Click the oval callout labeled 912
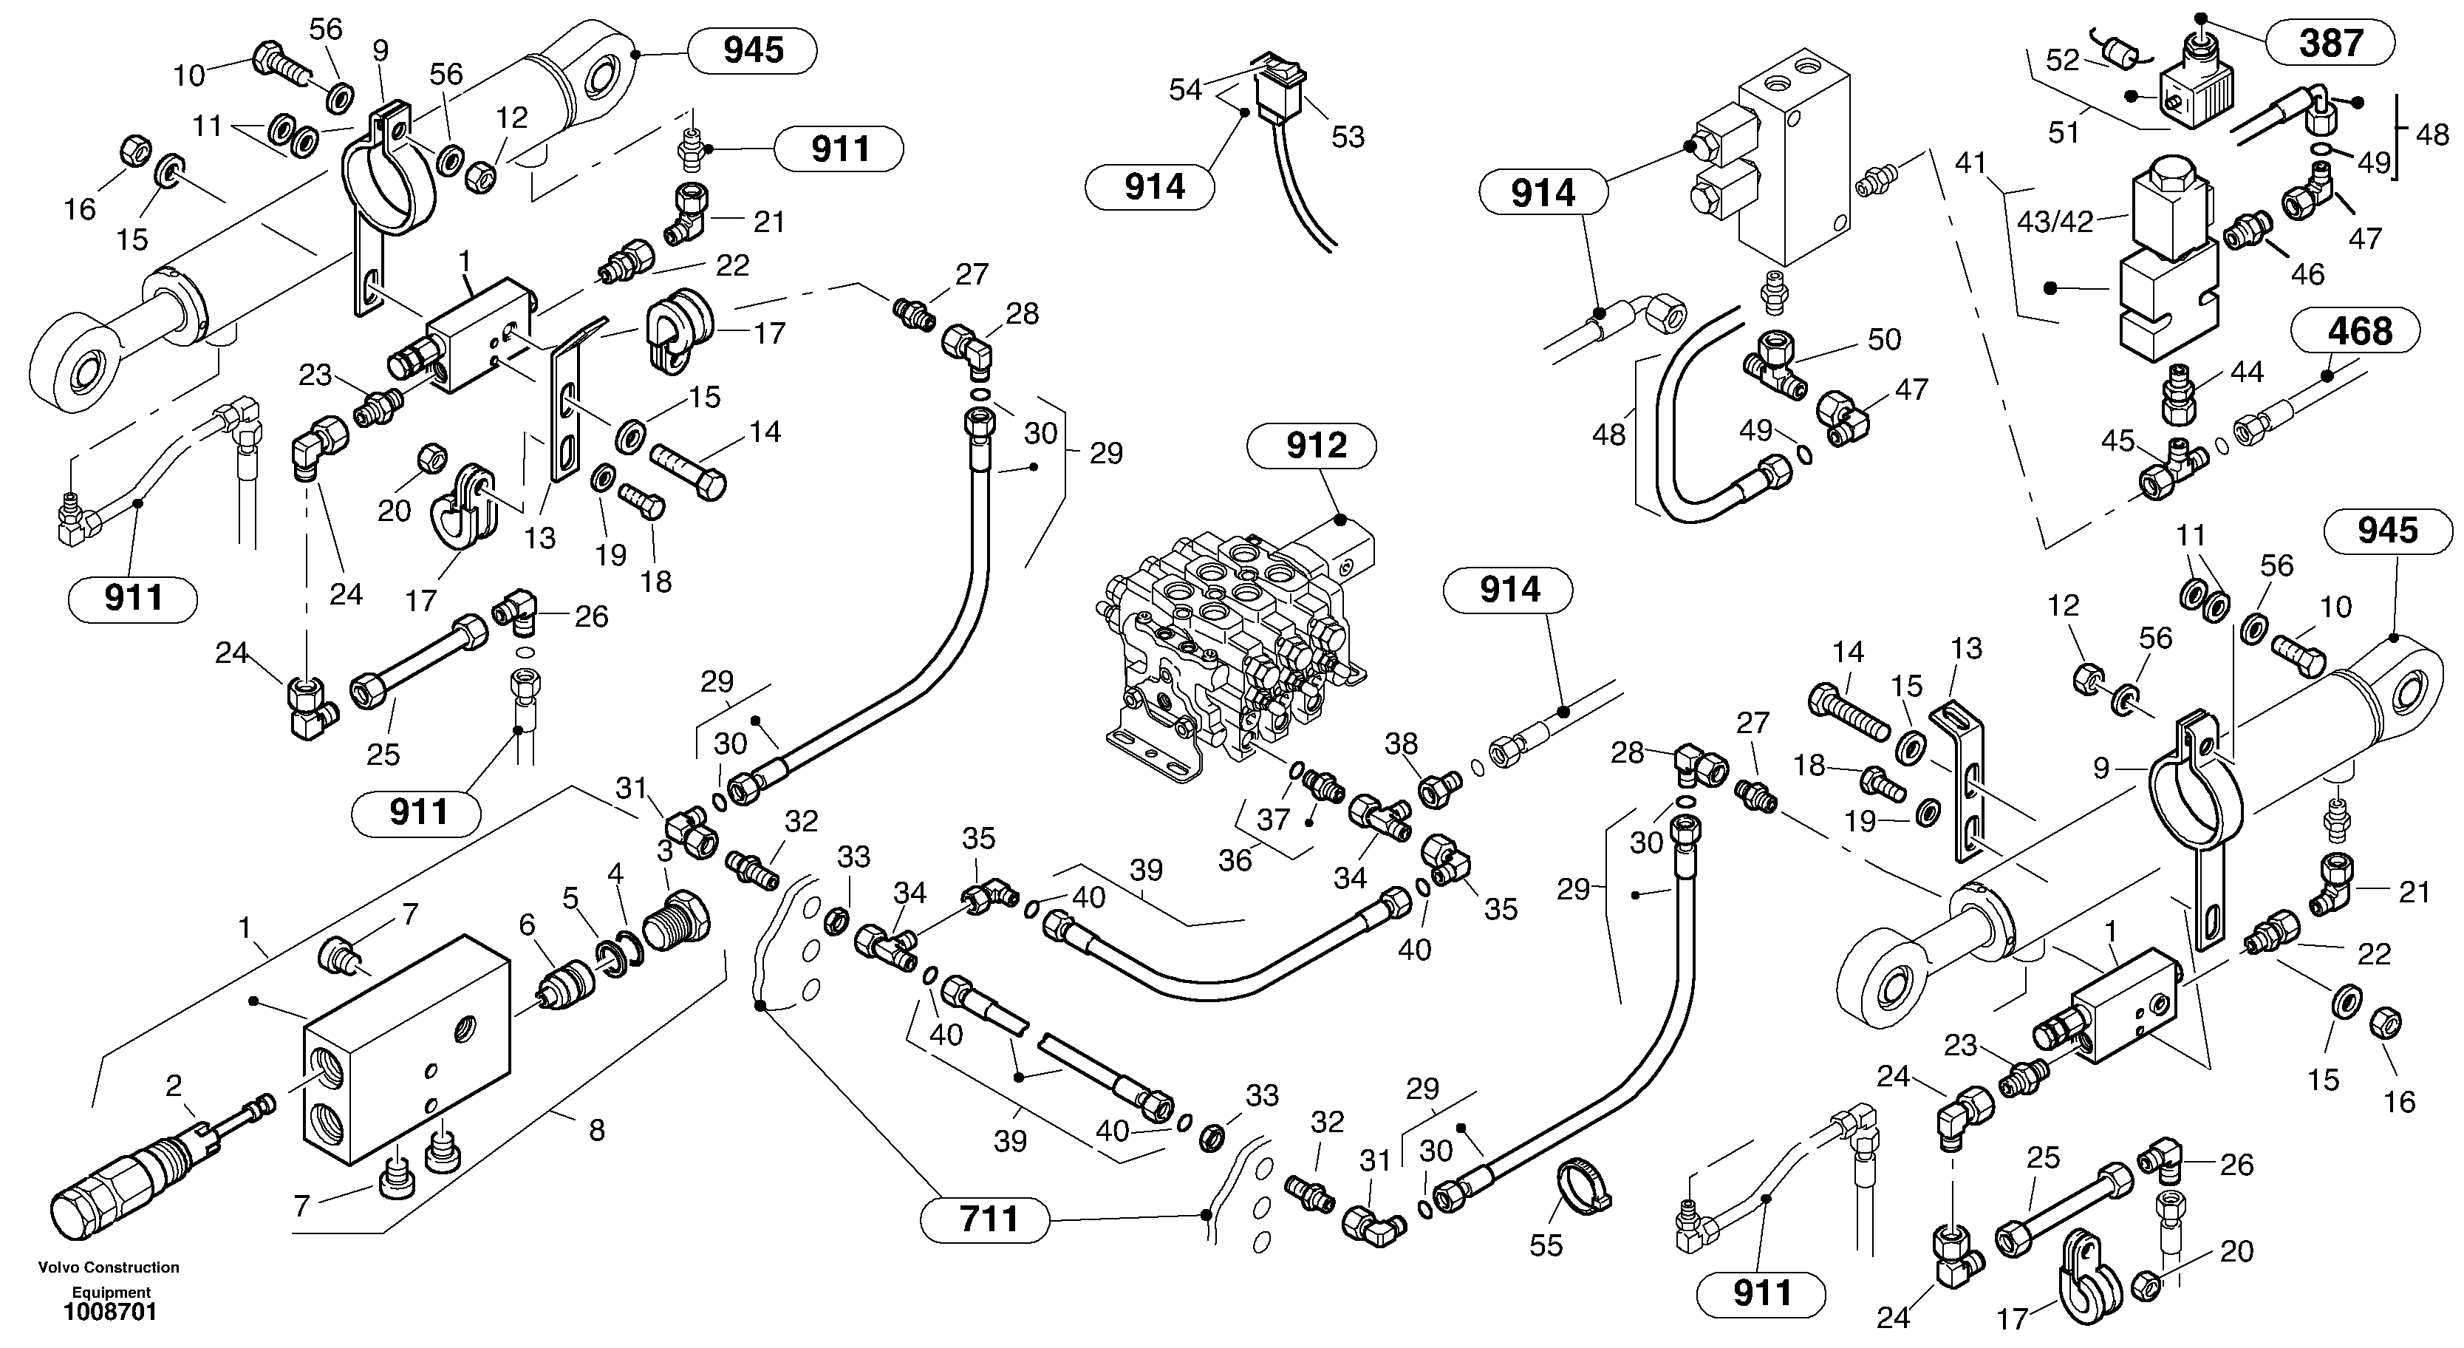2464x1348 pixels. coord(1316,446)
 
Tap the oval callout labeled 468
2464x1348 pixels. coord(2360,332)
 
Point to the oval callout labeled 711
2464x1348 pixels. coord(988,1220)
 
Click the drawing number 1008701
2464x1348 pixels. coord(110,1312)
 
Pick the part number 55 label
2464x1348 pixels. coord(1546,1245)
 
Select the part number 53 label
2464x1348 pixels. coord(1348,137)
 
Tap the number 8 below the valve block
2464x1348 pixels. coord(597,1131)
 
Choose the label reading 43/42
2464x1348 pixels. coord(2055,222)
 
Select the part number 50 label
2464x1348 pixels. coord(1884,340)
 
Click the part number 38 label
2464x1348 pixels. coord(1402,743)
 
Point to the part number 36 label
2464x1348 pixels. coord(1235,860)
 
